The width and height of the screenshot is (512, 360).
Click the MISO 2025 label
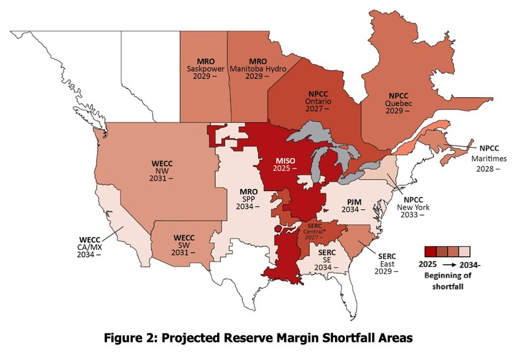pos(282,163)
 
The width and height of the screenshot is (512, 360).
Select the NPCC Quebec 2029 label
pos(398,102)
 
